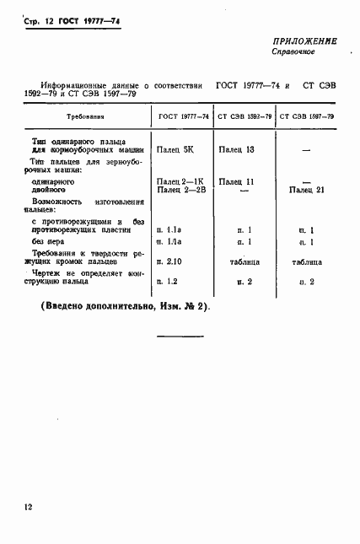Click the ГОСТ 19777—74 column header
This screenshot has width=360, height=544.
pyautogui.click(x=180, y=116)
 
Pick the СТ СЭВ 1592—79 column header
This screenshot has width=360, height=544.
pyautogui.click(x=244, y=116)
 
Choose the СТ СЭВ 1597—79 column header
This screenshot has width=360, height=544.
pyautogui.click(x=305, y=116)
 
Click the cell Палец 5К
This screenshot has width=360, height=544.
pyautogui.click(x=174, y=149)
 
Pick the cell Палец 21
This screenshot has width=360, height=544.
pyautogui.click(x=305, y=191)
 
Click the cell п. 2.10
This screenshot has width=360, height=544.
pyautogui.click(x=169, y=262)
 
